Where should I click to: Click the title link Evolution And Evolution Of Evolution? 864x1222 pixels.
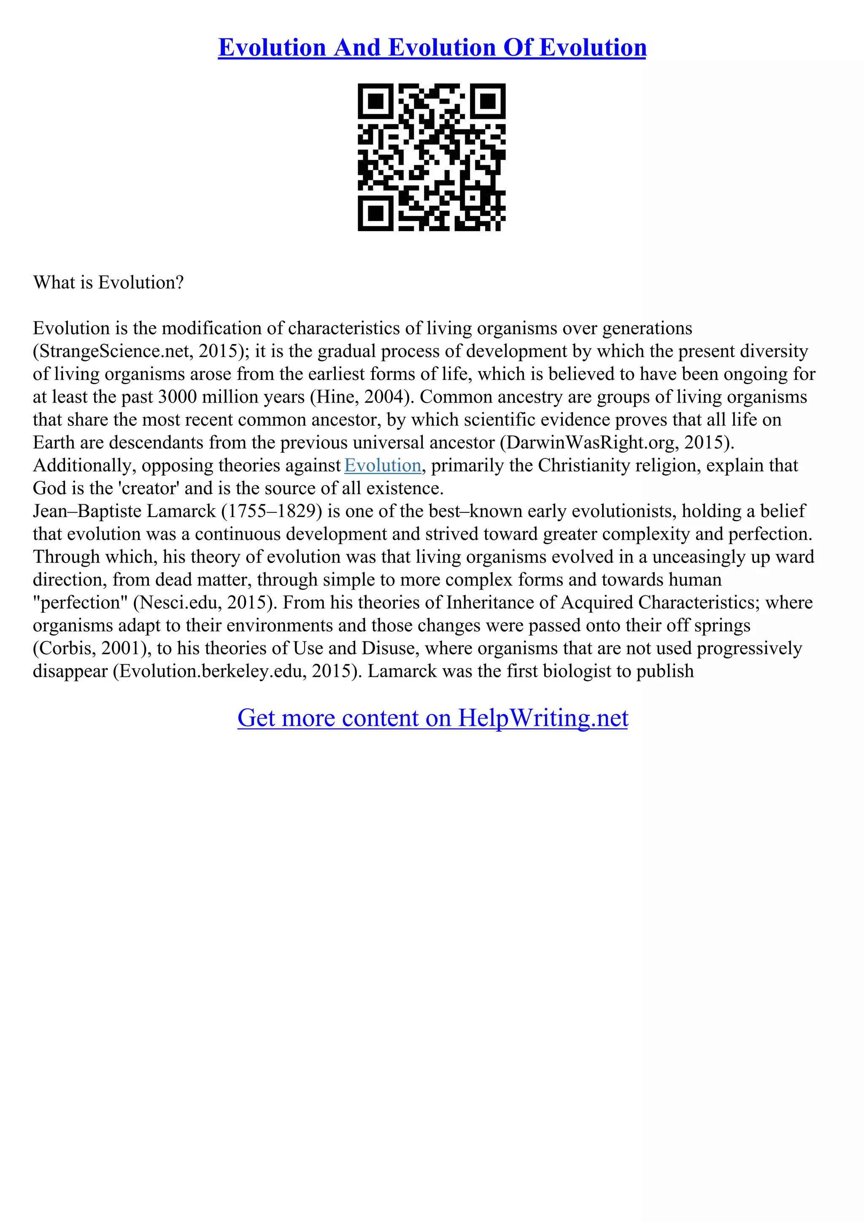[x=432, y=47]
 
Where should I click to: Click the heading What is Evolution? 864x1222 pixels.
[x=108, y=282]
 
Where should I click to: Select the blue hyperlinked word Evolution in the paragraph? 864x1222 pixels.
[x=383, y=465]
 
